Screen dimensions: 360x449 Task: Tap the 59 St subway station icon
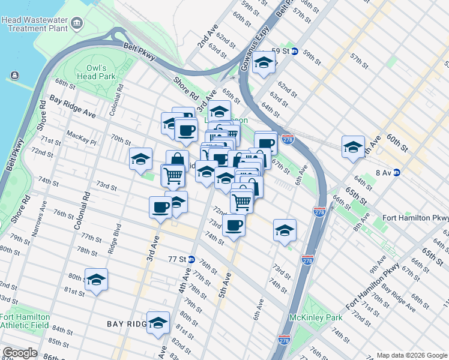[294, 51]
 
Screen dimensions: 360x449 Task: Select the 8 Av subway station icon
[396, 172]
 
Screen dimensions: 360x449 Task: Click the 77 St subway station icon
[191, 259]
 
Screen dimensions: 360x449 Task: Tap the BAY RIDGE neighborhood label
[126, 324]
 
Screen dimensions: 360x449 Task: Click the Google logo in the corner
[19, 353]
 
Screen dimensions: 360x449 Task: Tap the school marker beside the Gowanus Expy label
[264, 62]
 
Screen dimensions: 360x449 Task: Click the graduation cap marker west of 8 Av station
[353, 146]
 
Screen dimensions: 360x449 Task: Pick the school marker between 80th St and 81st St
[96, 279]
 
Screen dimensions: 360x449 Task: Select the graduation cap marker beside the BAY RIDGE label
[158, 322]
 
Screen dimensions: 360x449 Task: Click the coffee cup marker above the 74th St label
[234, 224]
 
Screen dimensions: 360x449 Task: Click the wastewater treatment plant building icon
[77, 23]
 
